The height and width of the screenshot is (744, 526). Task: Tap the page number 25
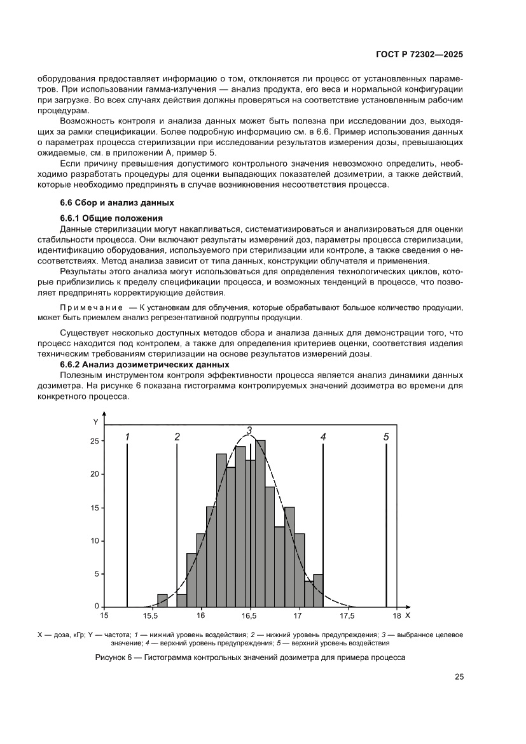(x=459, y=677)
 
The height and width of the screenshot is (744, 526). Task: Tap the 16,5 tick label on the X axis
(x=249, y=616)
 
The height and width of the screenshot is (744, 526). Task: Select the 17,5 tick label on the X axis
(x=347, y=616)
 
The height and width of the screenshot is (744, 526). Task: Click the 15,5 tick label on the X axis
(x=150, y=616)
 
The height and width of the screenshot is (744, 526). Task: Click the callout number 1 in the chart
(x=127, y=437)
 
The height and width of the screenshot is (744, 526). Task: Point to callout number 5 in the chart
(x=386, y=437)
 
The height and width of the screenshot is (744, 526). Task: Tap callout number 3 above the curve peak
(x=249, y=431)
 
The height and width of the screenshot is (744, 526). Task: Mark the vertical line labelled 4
(x=324, y=522)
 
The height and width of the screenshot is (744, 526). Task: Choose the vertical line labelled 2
(x=176, y=522)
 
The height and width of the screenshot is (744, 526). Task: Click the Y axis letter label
(x=95, y=422)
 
